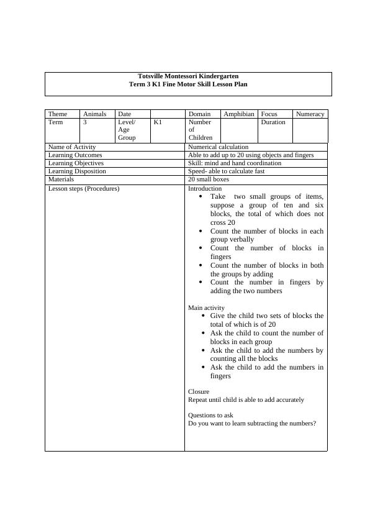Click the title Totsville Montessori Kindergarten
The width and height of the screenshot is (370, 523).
(x=187, y=76)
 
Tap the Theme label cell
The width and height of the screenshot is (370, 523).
(x=58, y=114)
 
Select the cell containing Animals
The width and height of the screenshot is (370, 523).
(x=94, y=114)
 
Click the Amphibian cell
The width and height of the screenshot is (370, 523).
(x=238, y=114)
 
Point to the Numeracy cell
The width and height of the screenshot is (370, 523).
(x=310, y=114)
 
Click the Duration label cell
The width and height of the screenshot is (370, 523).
(x=273, y=122)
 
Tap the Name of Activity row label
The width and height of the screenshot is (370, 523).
(x=72, y=147)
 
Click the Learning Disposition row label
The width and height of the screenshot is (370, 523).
(x=77, y=171)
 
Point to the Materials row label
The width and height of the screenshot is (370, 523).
(x=61, y=180)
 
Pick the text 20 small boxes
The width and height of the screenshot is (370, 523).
(x=209, y=180)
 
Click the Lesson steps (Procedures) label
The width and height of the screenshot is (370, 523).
(x=84, y=188)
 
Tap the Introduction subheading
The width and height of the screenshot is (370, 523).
(x=205, y=188)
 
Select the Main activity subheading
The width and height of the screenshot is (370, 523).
(x=206, y=307)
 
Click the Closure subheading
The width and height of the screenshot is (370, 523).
(x=199, y=391)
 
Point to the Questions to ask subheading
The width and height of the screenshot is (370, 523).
(x=210, y=415)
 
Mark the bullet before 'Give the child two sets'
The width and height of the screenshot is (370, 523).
(x=204, y=316)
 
